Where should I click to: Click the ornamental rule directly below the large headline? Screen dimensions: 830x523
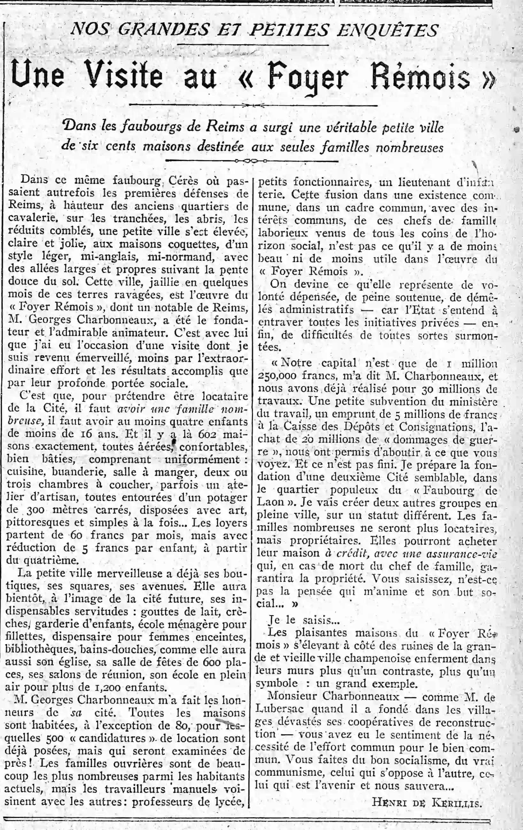click(253, 105)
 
